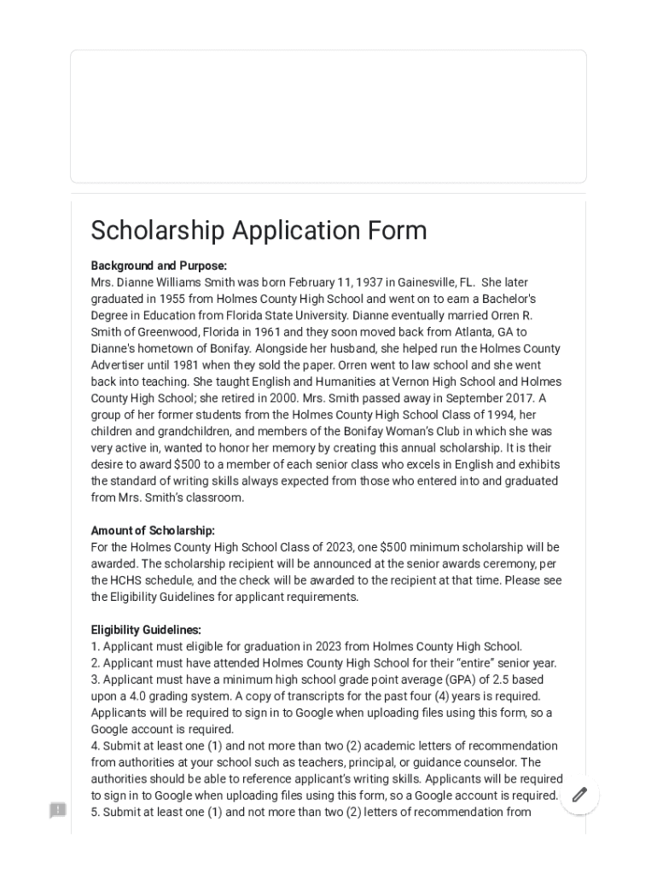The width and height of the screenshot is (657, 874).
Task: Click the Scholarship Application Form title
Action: [x=259, y=230]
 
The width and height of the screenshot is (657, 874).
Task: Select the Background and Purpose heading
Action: [x=159, y=265]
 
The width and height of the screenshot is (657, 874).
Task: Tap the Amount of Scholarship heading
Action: [x=153, y=530]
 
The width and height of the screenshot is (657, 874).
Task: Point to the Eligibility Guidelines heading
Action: [x=146, y=630]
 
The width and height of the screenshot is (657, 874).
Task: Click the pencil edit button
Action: [x=579, y=795]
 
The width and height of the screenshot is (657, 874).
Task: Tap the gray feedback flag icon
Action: [x=58, y=810]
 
